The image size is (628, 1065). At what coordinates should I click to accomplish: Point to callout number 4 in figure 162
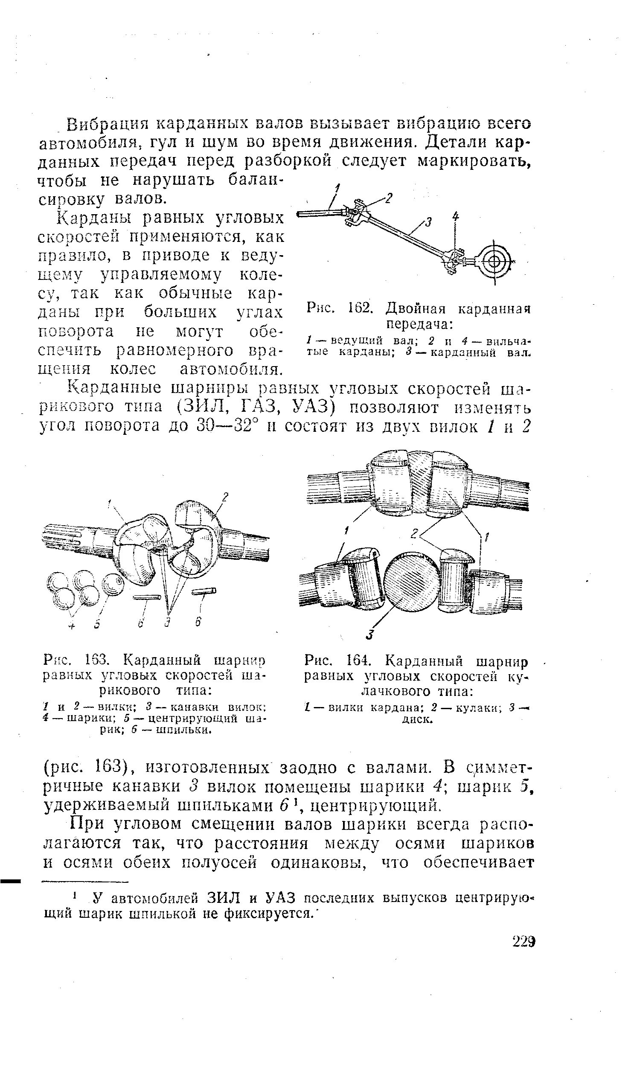456,217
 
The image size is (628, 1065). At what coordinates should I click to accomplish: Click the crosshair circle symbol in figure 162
495,261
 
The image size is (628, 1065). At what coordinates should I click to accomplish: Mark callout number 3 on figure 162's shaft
429,221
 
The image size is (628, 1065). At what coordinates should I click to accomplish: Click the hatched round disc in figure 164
412,579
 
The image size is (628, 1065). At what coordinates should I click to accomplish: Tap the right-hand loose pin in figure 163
204,591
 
